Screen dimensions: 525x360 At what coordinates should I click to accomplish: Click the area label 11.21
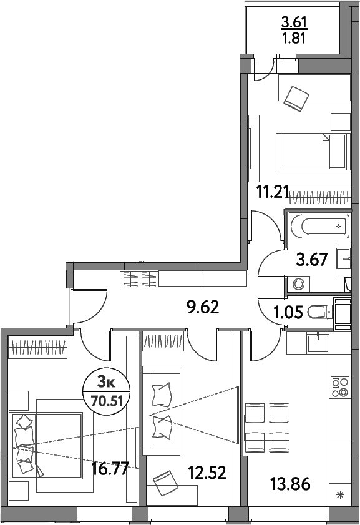pos(273,191)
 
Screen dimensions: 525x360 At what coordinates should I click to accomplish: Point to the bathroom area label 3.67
pos(312,260)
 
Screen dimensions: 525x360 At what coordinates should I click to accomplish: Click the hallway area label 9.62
pos(203,307)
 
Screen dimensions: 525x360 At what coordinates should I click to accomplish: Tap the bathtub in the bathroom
pos(317,225)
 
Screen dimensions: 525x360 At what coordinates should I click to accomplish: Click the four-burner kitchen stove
pos(340,387)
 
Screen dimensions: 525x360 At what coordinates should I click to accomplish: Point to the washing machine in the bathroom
pos(299,283)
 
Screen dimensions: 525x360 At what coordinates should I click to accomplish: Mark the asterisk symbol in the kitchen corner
pos(340,496)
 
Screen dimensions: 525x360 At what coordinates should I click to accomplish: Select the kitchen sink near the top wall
pos(319,343)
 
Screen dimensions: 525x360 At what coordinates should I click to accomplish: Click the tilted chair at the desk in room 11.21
pos(296,97)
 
